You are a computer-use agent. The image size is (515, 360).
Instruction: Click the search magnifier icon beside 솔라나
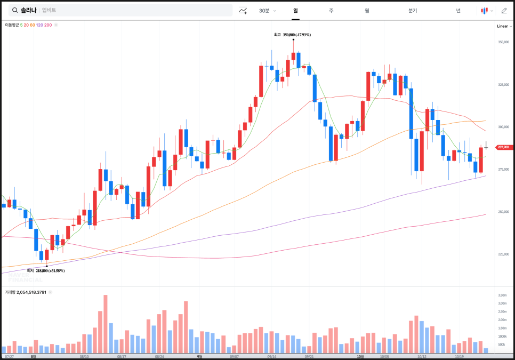14,10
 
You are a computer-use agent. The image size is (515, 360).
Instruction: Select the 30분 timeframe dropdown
267,11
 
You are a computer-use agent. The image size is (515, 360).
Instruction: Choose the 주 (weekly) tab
331,11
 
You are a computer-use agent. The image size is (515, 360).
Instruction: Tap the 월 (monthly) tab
367,11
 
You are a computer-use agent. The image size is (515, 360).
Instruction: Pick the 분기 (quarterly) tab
413,11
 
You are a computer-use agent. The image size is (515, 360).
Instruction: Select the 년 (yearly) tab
458,11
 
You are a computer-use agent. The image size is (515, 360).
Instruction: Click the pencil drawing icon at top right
504,11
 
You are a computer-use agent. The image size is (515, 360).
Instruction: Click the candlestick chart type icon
485,11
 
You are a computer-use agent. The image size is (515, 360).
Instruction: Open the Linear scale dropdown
503,26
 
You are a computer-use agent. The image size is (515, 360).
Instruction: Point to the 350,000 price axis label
504,42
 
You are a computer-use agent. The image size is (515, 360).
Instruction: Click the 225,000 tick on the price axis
504,254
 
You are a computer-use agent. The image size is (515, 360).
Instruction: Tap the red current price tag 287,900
503,147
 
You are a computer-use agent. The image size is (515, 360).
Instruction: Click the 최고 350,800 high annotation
292,35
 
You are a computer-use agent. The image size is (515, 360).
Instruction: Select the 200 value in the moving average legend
48,25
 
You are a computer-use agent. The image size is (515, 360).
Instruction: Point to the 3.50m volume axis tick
502,295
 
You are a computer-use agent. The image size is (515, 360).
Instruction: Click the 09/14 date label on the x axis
272,356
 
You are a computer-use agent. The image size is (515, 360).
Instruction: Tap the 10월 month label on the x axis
360,356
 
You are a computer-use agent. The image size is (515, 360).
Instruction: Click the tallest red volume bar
106,323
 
